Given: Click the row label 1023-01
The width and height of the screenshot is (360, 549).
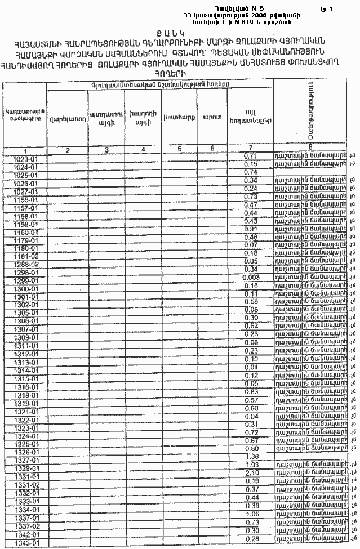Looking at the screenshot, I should click(x=25, y=159).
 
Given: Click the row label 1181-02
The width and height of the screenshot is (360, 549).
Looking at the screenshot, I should click(x=25, y=255).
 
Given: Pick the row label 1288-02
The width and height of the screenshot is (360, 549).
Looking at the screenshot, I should click(x=25, y=264).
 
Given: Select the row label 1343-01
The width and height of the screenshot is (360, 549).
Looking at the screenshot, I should click(x=25, y=543).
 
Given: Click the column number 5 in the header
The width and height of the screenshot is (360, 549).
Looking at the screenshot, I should click(x=179, y=150).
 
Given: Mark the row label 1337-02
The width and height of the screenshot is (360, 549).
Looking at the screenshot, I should click(x=25, y=526).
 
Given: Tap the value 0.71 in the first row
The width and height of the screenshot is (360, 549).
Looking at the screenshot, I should click(x=251, y=155).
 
